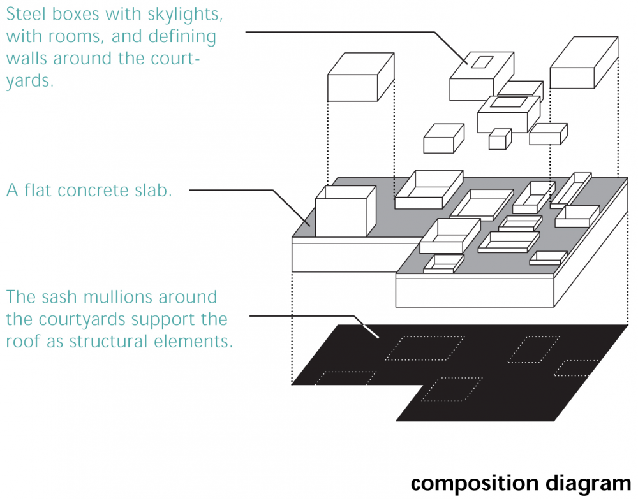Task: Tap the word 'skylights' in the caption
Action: tap(185, 15)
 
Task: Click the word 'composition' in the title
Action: tap(475, 484)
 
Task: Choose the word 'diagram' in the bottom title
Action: tap(588, 484)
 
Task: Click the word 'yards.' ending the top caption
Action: tap(30, 82)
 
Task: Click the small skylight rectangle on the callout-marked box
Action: tap(482, 62)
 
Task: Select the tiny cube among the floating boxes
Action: tap(500, 140)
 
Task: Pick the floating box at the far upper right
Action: tap(584, 62)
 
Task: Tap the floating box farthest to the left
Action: tap(361, 77)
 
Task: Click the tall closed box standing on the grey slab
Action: tap(345, 212)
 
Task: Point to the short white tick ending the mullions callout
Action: tap(371, 331)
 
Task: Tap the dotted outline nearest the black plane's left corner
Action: tap(346, 378)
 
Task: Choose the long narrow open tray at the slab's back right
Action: tap(571, 191)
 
